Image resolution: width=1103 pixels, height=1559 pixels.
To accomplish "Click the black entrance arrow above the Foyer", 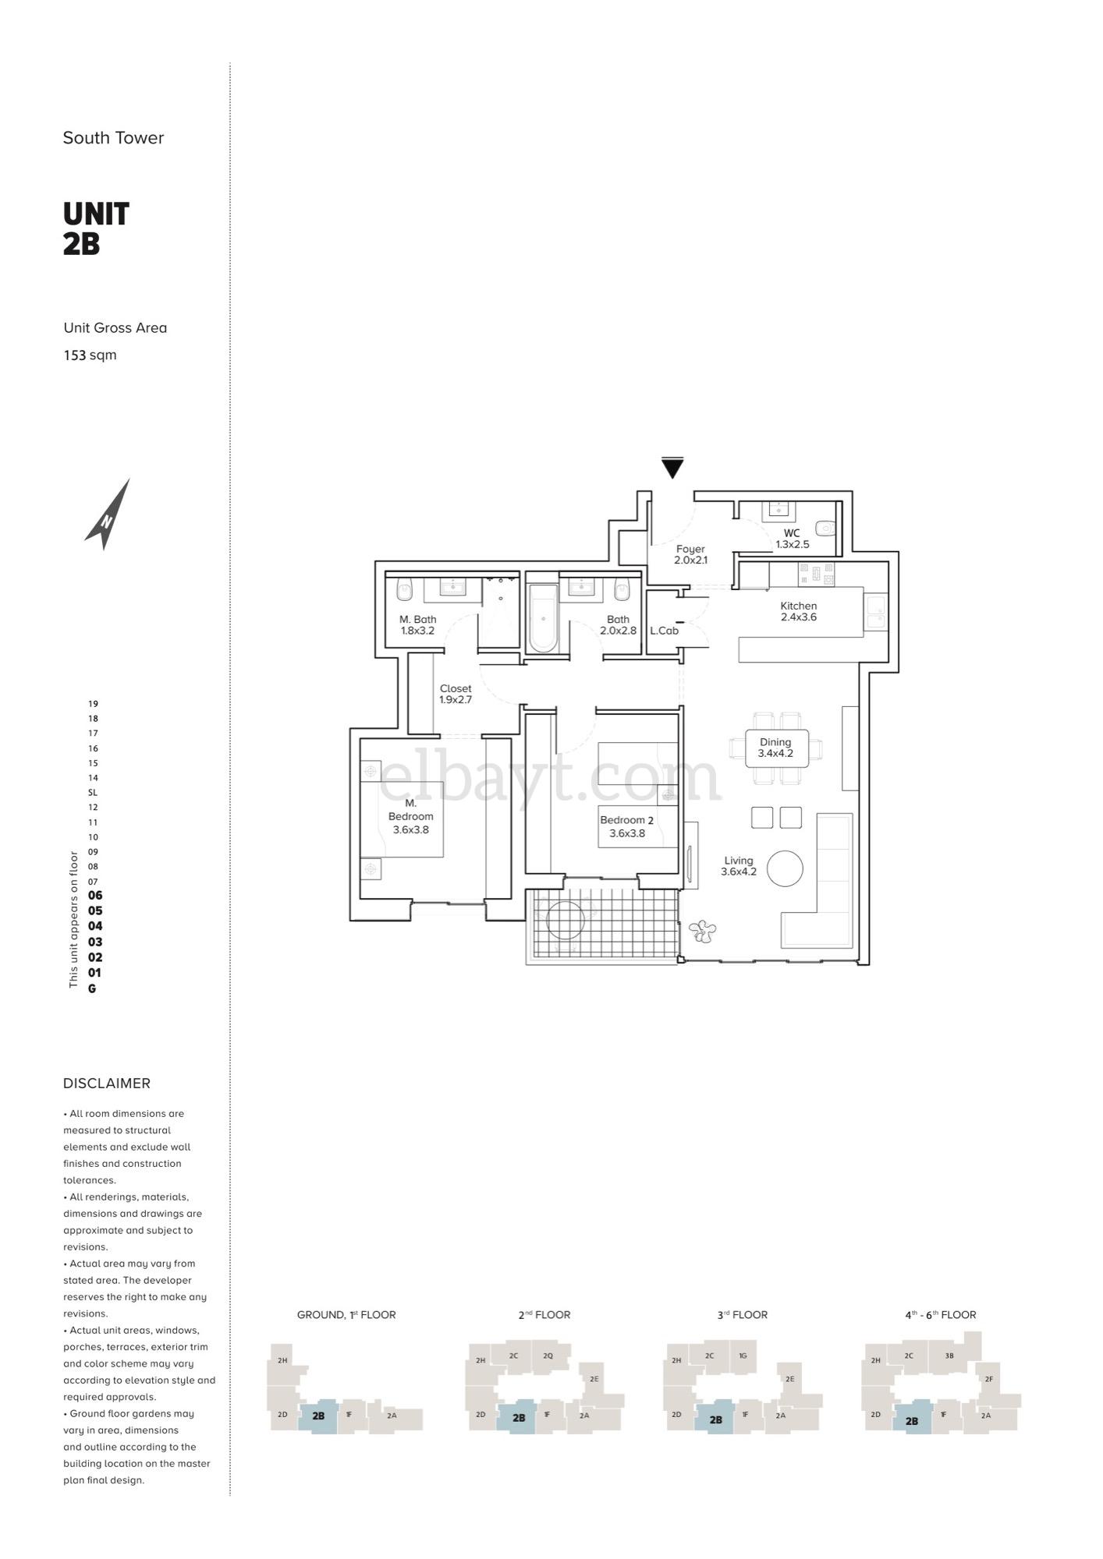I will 672,468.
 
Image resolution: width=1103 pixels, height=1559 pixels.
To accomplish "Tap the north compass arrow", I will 108,514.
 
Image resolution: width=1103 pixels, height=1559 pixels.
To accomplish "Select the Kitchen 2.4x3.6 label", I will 798,611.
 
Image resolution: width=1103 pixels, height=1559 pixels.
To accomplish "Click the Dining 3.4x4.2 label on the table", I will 775,748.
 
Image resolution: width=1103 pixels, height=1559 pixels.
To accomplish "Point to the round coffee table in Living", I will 785,868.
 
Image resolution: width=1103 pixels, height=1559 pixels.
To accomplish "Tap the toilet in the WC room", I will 825,528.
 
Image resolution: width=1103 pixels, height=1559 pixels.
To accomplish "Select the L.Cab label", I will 664,631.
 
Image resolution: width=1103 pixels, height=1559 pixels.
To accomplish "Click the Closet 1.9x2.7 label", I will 456,694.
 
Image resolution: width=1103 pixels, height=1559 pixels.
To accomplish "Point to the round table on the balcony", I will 566,920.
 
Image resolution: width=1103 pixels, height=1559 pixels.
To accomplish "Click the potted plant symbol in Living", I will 702,931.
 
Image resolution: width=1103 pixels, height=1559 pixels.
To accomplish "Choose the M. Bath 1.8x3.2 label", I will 417,625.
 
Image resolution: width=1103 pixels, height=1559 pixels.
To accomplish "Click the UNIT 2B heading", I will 96,228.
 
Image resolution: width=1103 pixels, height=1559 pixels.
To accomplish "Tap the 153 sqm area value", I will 90,355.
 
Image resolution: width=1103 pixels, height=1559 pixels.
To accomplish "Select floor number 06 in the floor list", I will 95,896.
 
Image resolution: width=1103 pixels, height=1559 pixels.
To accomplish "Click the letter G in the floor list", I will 92,988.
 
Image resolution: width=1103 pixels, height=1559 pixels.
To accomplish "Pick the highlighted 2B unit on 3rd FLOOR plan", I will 715,1419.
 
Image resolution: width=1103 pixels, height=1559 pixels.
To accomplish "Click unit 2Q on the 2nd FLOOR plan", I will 548,1356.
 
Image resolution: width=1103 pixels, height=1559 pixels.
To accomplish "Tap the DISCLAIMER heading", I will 107,1083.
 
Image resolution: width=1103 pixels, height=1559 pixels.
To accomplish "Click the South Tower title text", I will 113,138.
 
